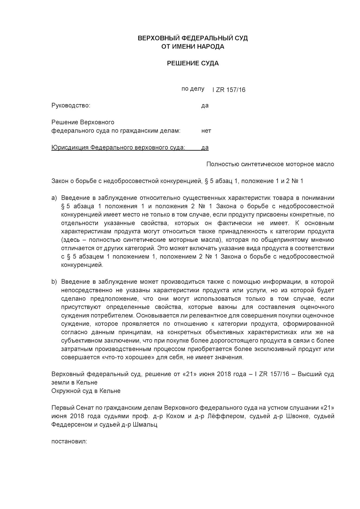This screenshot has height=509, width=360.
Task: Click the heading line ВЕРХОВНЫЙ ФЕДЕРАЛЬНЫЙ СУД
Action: [x=193, y=38]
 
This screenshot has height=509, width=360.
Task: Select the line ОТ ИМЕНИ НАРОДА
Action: [x=193, y=47]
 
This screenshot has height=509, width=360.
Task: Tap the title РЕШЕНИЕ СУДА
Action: [x=193, y=63]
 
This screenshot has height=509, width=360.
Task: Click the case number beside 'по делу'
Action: [x=229, y=90]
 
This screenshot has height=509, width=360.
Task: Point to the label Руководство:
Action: [x=71, y=106]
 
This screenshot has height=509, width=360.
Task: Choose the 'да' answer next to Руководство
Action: [x=205, y=106]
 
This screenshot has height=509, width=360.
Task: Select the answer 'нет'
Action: [x=206, y=131]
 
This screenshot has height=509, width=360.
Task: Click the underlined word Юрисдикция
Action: [x=70, y=148]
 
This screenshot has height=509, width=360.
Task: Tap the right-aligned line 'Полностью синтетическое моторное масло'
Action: [x=270, y=164]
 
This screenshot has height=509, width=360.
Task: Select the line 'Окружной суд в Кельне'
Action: [x=86, y=391]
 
